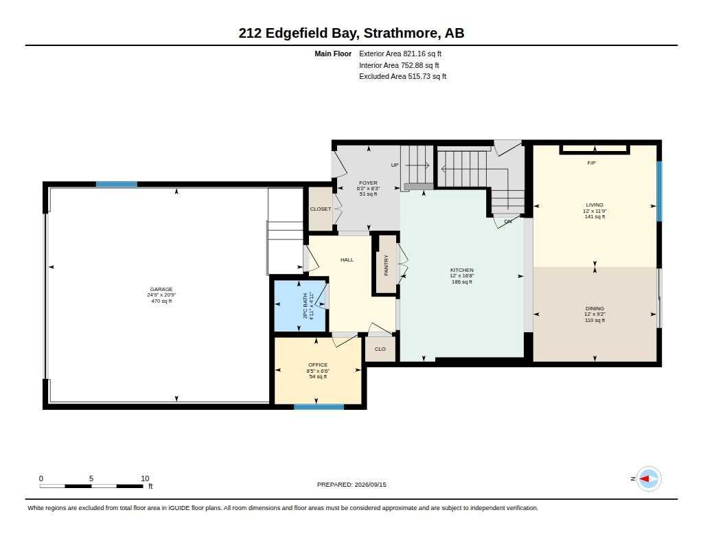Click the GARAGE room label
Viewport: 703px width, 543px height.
(161, 289)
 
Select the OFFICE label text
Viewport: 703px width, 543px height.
(318, 365)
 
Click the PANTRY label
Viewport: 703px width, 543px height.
(386, 265)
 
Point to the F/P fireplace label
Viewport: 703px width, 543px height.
(591, 163)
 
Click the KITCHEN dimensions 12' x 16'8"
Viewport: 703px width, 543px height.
(462, 276)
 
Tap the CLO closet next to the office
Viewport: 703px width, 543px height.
(380, 349)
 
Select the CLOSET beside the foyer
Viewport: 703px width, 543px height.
(321, 209)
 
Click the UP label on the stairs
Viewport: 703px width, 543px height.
(395, 165)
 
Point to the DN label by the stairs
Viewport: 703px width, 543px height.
(507, 222)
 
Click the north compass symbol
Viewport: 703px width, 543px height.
(648, 479)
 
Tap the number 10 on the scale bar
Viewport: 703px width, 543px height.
(145, 478)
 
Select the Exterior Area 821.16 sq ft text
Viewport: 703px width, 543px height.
(400, 54)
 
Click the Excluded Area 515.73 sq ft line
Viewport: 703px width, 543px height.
(402, 77)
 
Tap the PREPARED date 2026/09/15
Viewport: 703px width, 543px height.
(370, 485)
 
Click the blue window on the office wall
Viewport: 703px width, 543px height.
(319, 406)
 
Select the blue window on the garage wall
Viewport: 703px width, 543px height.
(117, 184)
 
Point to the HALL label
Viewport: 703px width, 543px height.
(347, 259)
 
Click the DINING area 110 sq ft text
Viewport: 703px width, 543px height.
(595, 320)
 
